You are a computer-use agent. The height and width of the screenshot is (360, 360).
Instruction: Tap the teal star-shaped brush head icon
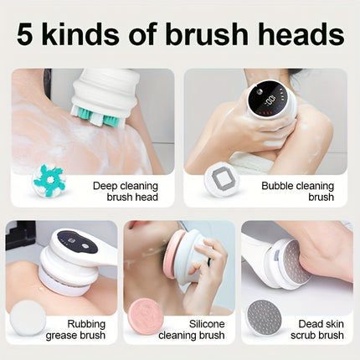(x=48, y=181)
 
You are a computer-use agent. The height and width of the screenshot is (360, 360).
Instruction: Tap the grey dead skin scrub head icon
(x=265, y=316)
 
